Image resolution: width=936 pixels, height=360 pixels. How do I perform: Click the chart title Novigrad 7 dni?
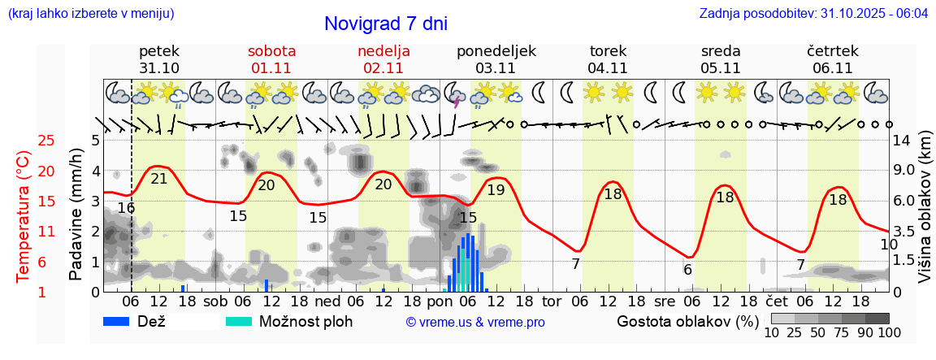(x=385, y=24)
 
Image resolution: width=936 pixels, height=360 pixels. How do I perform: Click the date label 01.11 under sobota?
(x=271, y=68)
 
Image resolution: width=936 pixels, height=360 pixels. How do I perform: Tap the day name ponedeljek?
(x=496, y=50)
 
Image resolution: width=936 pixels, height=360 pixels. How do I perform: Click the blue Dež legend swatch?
(x=118, y=321)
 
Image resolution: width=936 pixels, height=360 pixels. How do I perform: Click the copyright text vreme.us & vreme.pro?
(x=475, y=322)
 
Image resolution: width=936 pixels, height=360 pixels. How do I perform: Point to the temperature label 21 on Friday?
(x=159, y=179)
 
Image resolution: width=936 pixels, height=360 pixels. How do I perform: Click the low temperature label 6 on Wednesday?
(x=687, y=270)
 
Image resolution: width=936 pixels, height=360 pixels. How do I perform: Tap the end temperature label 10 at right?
(x=888, y=244)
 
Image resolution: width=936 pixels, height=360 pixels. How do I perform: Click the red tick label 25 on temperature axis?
(x=24, y=141)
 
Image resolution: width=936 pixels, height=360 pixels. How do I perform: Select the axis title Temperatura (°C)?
(x=23, y=215)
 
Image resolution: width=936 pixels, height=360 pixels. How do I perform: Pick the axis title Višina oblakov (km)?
(x=925, y=215)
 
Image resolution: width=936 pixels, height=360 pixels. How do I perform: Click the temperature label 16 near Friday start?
(x=125, y=208)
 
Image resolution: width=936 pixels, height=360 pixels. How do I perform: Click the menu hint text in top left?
(x=90, y=14)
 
